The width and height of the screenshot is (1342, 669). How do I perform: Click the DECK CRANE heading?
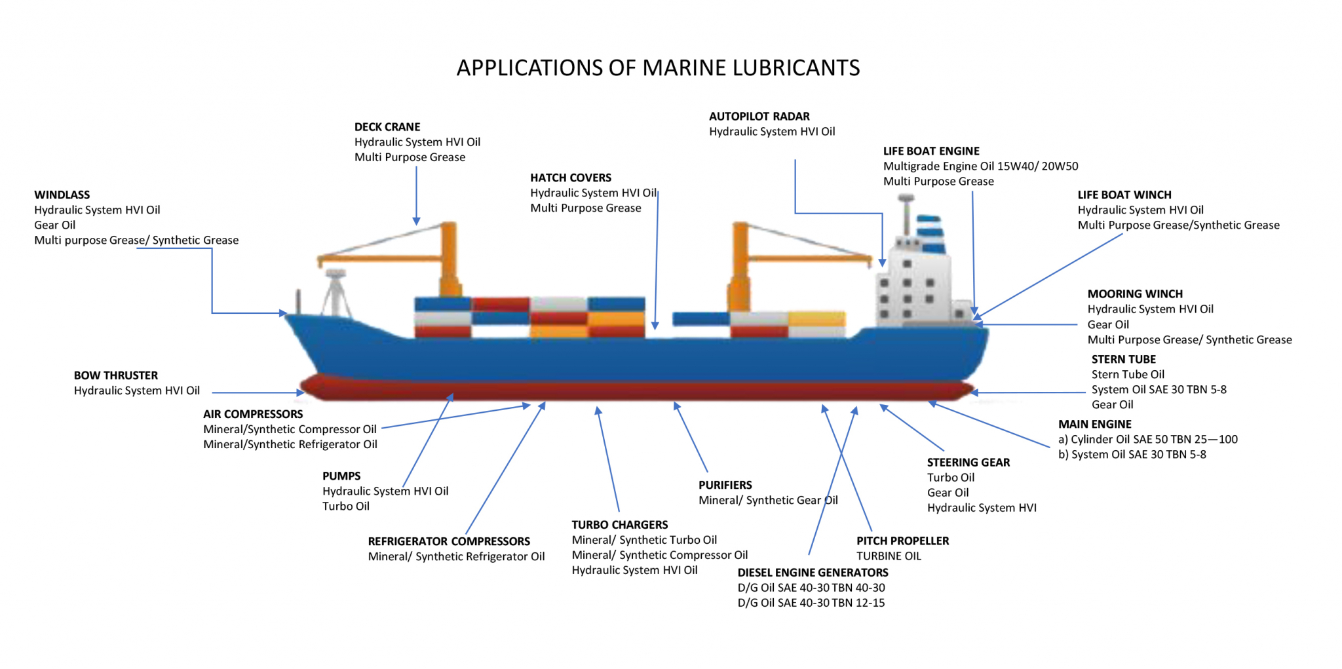[387, 127]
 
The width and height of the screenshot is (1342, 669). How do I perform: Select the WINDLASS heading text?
[62, 195]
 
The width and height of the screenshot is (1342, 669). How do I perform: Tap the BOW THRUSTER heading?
[116, 375]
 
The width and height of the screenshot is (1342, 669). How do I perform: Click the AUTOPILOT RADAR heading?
[759, 117]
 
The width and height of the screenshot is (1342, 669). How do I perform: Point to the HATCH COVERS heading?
[571, 178]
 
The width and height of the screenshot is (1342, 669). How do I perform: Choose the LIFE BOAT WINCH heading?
[1124, 195]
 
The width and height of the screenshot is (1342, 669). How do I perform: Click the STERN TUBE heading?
[1124, 360]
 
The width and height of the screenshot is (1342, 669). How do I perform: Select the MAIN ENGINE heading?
[1095, 425]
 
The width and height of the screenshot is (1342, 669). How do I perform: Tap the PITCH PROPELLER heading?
[902, 541]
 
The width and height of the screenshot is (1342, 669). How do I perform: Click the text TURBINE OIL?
[889, 556]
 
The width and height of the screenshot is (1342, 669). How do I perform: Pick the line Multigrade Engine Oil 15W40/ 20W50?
[980, 166]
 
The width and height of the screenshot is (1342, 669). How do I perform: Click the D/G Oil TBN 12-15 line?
[811, 603]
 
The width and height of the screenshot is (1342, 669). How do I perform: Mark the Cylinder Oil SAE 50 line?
[1148, 440]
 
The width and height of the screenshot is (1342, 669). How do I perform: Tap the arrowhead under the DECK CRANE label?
[416, 221]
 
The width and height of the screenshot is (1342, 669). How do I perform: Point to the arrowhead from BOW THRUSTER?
[301, 393]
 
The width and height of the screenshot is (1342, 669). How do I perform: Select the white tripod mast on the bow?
[335, 293]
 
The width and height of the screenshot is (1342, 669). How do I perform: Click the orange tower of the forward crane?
[450, 259]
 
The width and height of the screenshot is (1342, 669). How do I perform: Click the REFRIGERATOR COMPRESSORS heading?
[449, 542]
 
